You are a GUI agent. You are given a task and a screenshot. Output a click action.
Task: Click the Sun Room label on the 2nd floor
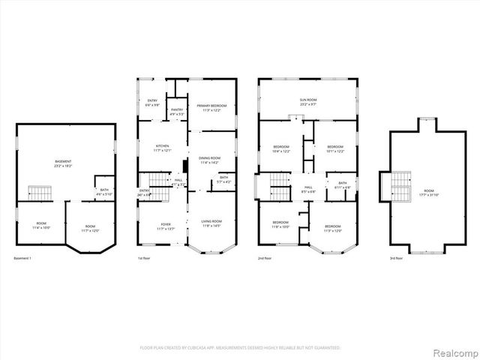[x=308, y=101]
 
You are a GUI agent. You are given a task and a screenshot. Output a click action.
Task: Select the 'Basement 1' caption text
[x=22, y=259]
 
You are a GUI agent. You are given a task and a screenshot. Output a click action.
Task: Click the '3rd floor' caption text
[x=396, y=259]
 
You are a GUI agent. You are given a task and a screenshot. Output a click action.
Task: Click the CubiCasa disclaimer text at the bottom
[x=240, y=348]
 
